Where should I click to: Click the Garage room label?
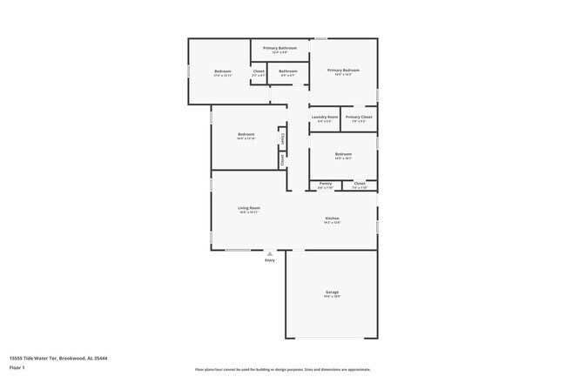332,292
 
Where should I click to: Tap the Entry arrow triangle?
269,253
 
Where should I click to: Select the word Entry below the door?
269,259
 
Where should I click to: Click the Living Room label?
249,208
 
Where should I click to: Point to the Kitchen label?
332,218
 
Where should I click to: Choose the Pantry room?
325,184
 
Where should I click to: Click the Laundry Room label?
325,117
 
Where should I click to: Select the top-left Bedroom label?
223,71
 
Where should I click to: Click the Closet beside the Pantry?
360,184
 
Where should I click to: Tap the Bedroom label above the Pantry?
343,154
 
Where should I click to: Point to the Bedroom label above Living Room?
246,135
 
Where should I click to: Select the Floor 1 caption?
17,367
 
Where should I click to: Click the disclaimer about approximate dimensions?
282,370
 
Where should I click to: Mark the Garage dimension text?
332,297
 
